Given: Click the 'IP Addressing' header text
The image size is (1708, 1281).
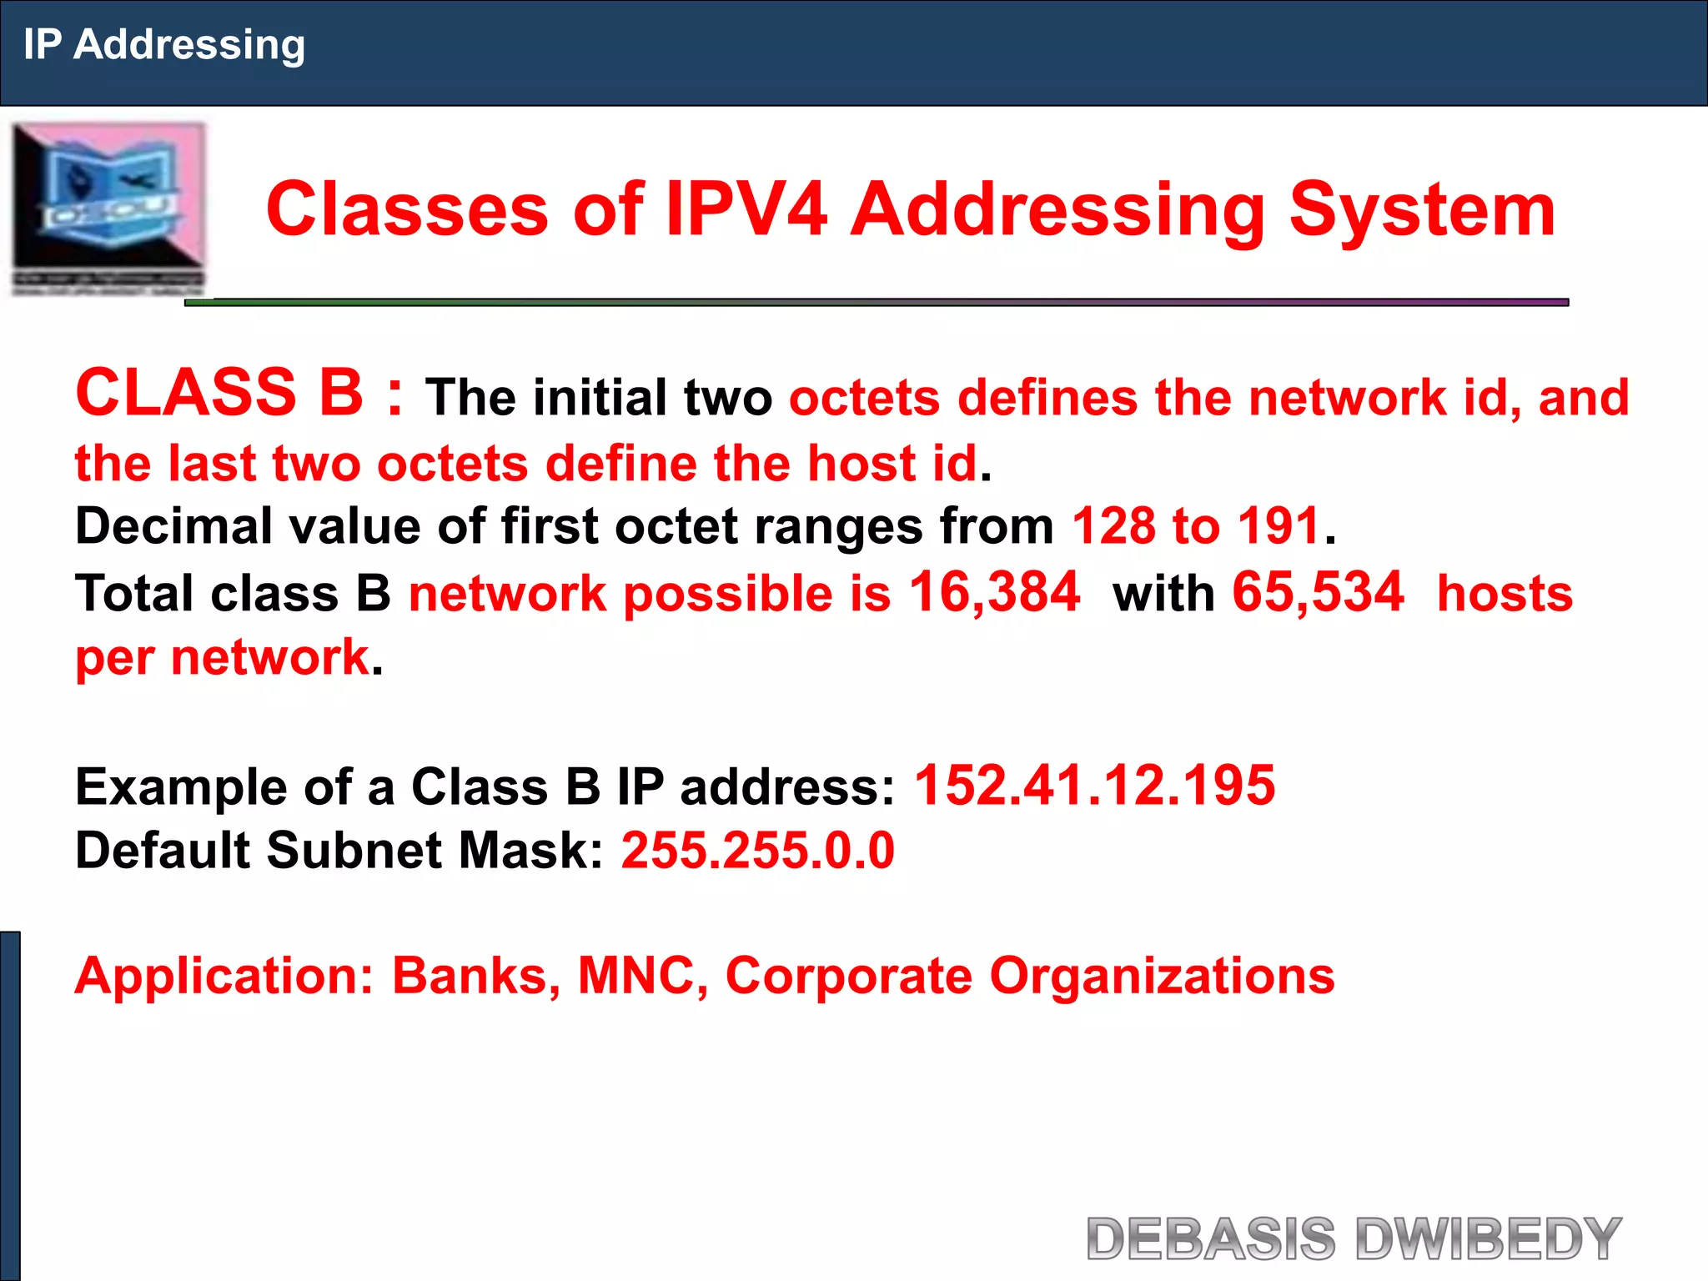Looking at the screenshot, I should (x=164, y=45).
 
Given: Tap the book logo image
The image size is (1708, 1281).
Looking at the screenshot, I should (x=108, y=208).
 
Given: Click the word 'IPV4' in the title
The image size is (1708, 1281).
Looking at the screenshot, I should (x=746, y=209).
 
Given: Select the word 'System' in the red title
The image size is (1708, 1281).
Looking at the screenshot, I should (x=1422, y=209).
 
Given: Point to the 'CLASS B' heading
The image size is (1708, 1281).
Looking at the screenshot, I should (x=219, y=393).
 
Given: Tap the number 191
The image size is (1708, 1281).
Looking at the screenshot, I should (x=1278, y=526).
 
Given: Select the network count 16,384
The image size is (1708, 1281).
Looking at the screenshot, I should (x=994, y=592).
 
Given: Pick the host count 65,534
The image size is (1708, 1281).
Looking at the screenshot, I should (x=1318, y=592).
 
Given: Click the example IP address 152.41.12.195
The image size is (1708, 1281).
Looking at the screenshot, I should (x=1095, y=786).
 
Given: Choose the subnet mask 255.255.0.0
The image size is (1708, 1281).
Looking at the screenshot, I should (x=758, y=851).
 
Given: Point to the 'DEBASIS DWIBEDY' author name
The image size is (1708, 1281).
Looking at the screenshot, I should (x=1354, y=1238).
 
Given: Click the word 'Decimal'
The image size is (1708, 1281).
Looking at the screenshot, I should (x=173, y=526).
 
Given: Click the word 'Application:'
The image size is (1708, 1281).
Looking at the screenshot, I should (x=224, y=975).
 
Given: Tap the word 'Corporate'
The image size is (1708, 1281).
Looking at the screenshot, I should (x=848, y=975).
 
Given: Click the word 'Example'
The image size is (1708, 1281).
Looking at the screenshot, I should (x=181, y=786).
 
